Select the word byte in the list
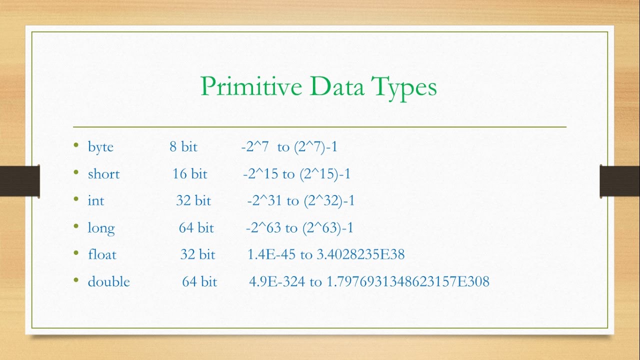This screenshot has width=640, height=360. pos(100,147)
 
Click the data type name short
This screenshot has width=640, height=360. pos(103,174)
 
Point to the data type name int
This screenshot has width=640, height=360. pos(96,201)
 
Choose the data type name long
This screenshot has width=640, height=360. pos(101,228)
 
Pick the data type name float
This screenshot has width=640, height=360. pos(102,254)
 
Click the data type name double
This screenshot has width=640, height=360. pos(108,281)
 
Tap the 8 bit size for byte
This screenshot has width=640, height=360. pos(183,147)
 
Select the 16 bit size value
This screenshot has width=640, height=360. pos(189,174)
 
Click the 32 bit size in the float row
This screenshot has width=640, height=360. pos(197,254)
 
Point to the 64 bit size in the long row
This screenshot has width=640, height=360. pos(196,228)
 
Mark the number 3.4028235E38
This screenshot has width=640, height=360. pos(360,254)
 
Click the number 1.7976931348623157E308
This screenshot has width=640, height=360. pos(407,281)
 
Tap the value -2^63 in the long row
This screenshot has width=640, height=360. pos(263,228)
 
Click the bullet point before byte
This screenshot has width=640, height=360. pos(76,146)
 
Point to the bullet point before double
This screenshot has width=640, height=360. pos(76,280)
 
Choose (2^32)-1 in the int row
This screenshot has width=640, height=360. pos(328,201)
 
